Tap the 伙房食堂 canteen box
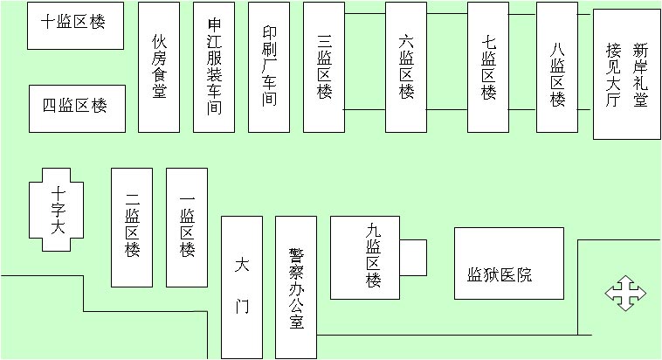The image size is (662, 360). pyautogui.click(x=158, y=67)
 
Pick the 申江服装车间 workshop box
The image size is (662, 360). pyautogui.click(x=214, y=67)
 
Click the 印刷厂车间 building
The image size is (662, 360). pyautogui.click(x=269, y=67)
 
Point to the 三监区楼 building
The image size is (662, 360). pyautogui.click(x=324, y=67)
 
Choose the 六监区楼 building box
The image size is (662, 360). pyautogui.click(x=405, y=67)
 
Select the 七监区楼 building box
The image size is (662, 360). pyautogui.click(x=488, y=67)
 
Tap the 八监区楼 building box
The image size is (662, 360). pyautogui.click(x=557, y=67)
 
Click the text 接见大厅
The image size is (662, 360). pyautogui.click(x=613, y=75)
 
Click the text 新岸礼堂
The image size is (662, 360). pyautogui.click(x=641, y=75)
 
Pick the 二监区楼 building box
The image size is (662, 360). pyautogui.click(x=132, y=227)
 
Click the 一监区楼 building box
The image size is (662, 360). pyautogui.click(x=187, y=227)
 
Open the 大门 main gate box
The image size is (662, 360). pyautogui.click(x=242, y=287)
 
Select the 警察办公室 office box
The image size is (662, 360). pyautogui.click(x=296, y=287)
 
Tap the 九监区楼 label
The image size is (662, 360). pyautogui.click(x=374, y=256)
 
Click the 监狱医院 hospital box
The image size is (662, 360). pyautogui.click(x=509, y=263)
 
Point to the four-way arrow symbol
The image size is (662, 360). pyautogui.click(x=625, y=293)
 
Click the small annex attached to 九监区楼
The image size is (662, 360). pyautogui.click(x=413, y=257)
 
